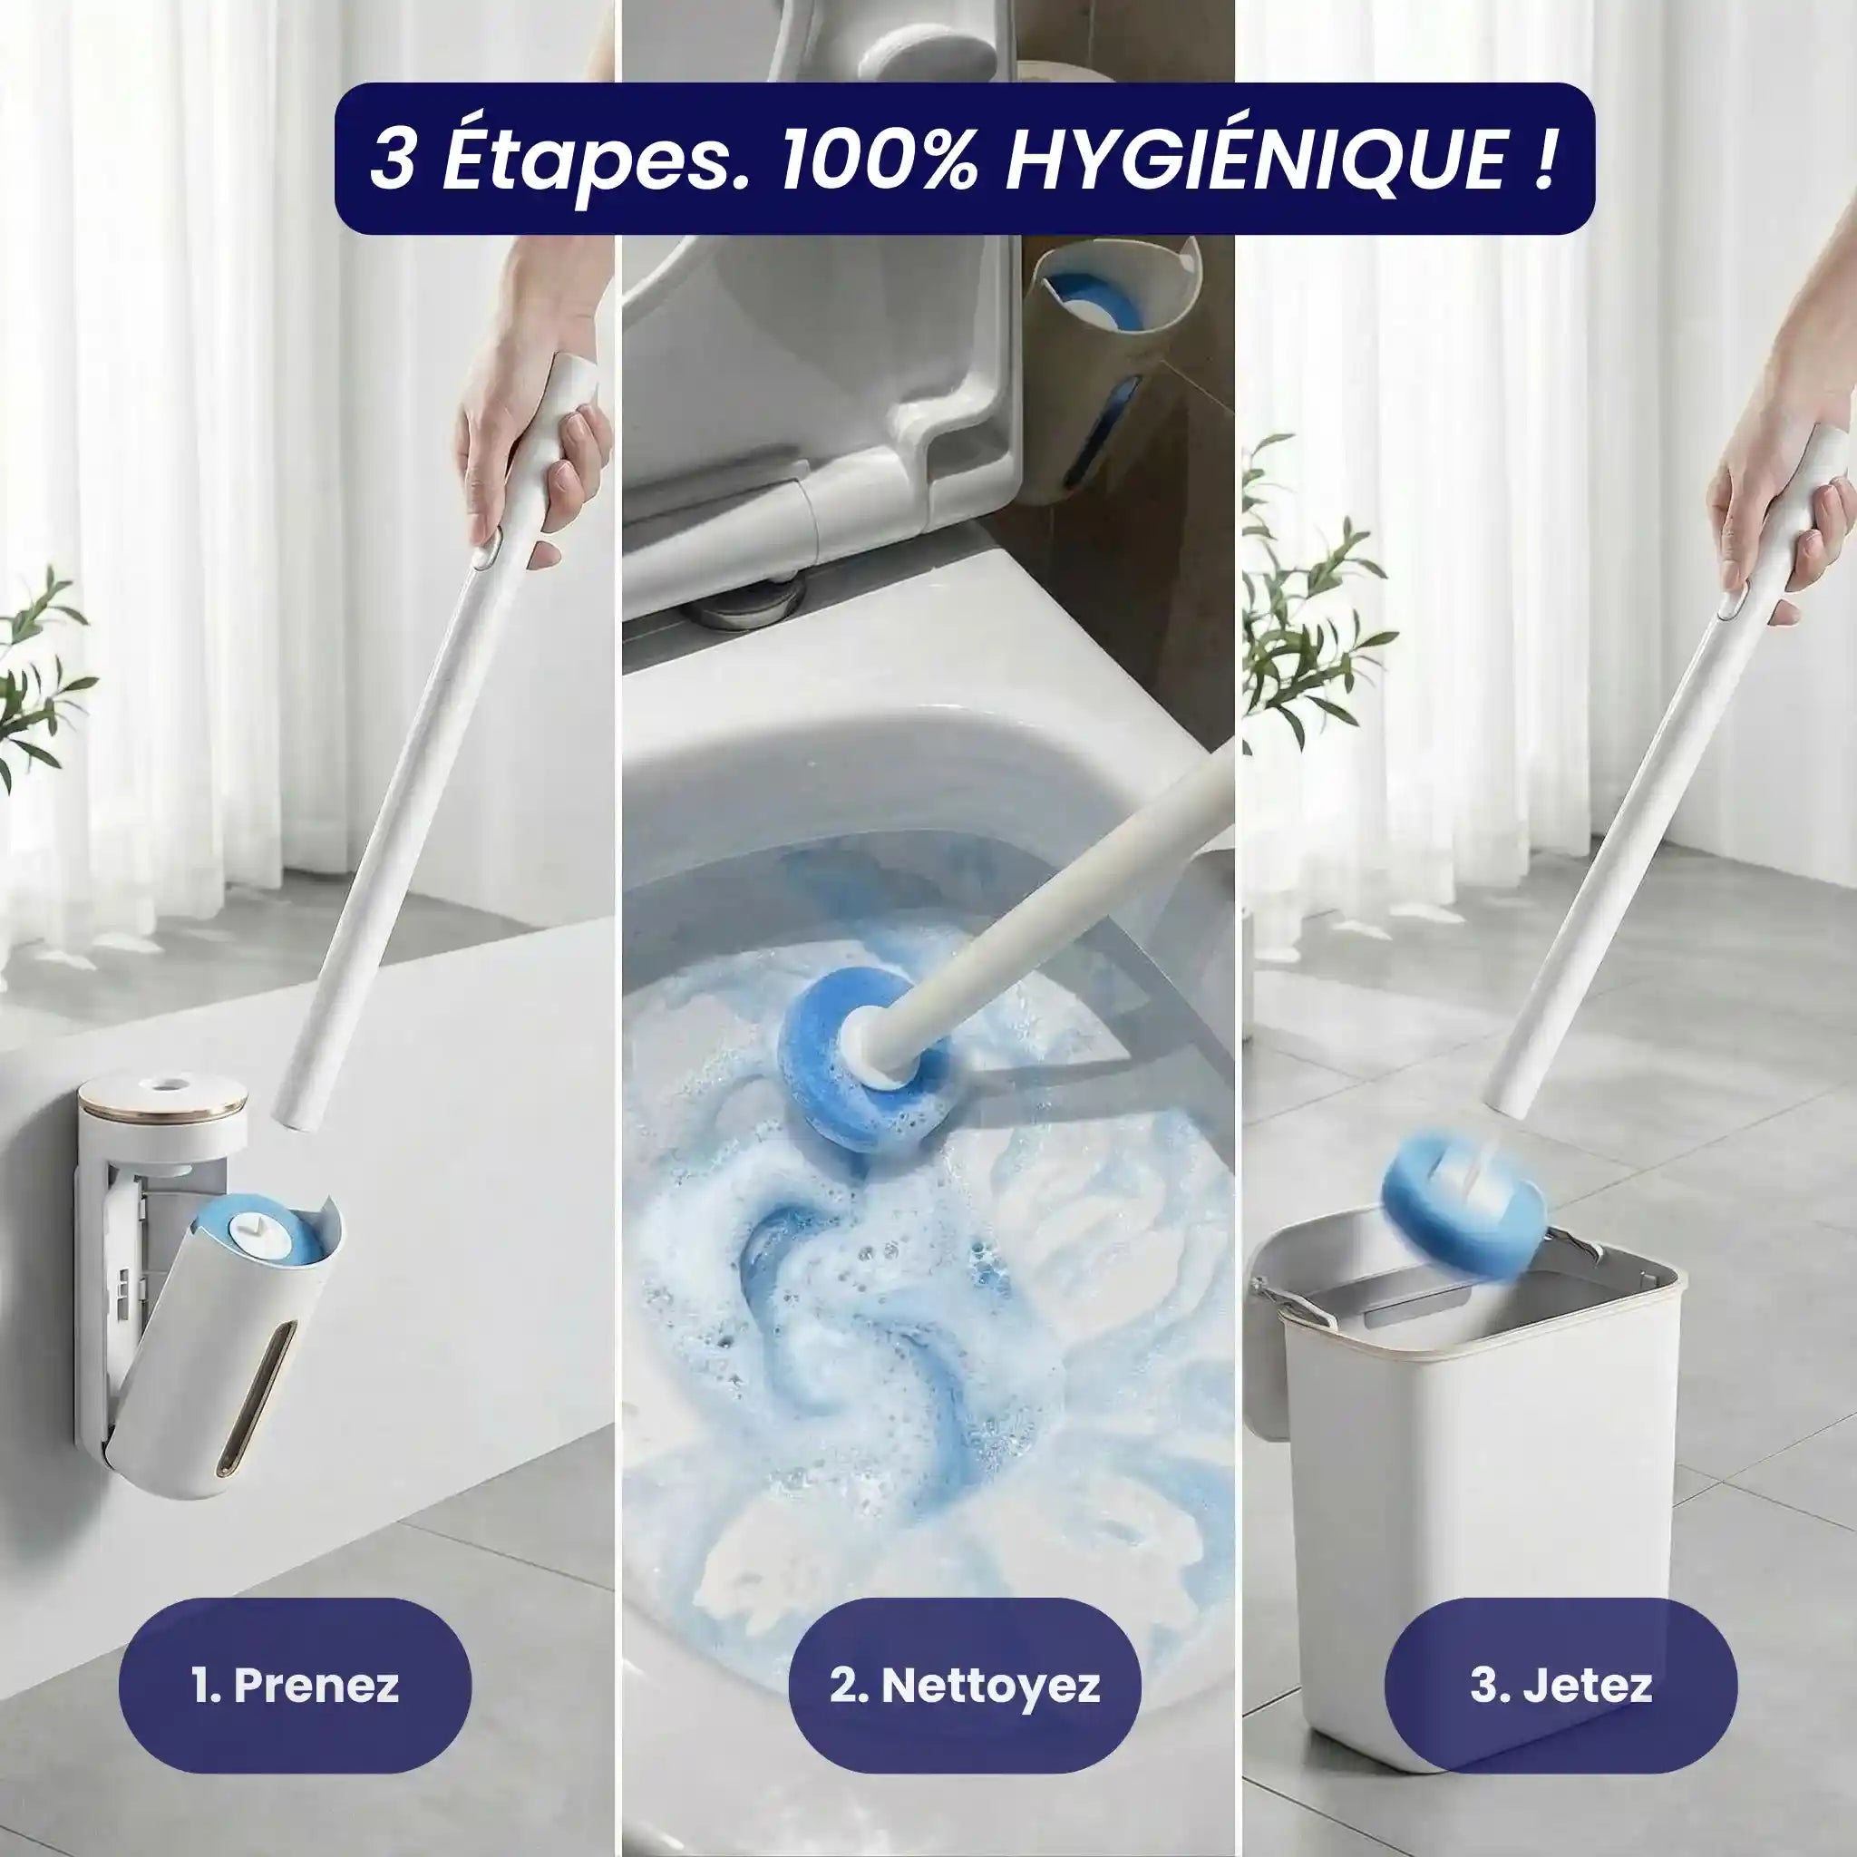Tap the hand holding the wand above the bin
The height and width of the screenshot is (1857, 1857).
[x=1778, y=500]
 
